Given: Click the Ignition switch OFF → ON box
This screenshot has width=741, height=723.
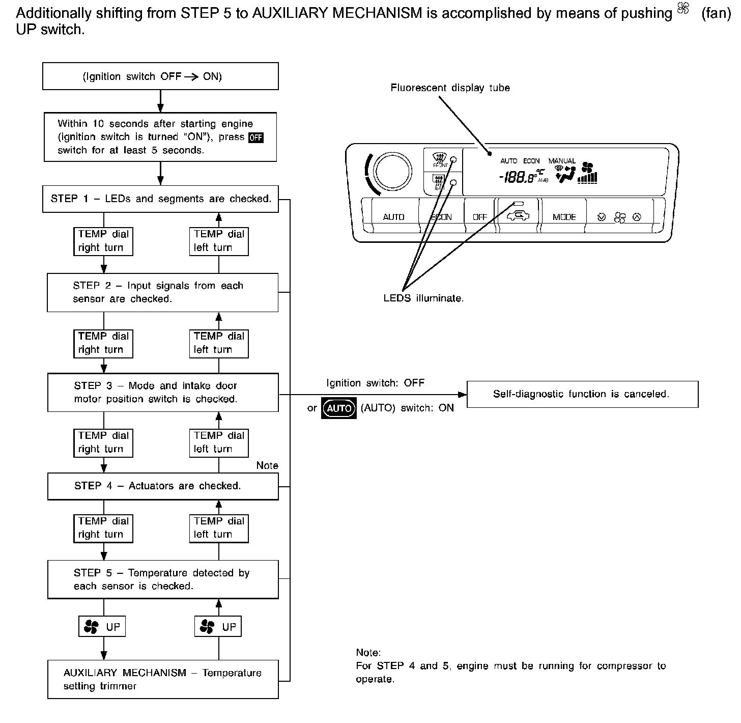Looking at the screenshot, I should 160,76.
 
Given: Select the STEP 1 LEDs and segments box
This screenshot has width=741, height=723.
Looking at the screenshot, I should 160,199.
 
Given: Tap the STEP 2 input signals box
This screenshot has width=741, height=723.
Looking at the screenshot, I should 162,292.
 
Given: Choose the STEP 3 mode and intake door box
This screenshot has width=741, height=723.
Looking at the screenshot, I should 163,392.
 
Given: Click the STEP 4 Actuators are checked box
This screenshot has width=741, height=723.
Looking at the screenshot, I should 163,486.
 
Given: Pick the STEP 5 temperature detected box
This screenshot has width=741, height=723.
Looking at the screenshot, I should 163,579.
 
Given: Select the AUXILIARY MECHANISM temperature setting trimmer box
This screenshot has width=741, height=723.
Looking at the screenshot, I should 163,679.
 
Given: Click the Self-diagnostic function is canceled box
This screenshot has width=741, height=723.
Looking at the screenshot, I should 582,394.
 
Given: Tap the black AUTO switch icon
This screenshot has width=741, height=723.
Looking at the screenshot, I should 339,408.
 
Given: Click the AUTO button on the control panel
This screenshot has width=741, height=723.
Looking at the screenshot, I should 393,217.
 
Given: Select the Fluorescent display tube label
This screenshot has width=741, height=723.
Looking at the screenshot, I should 450,88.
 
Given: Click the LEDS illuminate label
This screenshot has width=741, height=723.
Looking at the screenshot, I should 423,298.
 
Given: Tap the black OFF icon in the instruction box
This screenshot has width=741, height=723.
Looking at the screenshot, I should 255,137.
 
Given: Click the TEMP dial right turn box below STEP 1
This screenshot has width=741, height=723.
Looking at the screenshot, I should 103,241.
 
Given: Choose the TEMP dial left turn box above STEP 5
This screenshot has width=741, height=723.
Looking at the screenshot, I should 219,527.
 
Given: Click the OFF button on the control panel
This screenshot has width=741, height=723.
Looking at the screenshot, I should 479,217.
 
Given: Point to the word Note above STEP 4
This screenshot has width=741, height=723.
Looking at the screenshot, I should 267,465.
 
